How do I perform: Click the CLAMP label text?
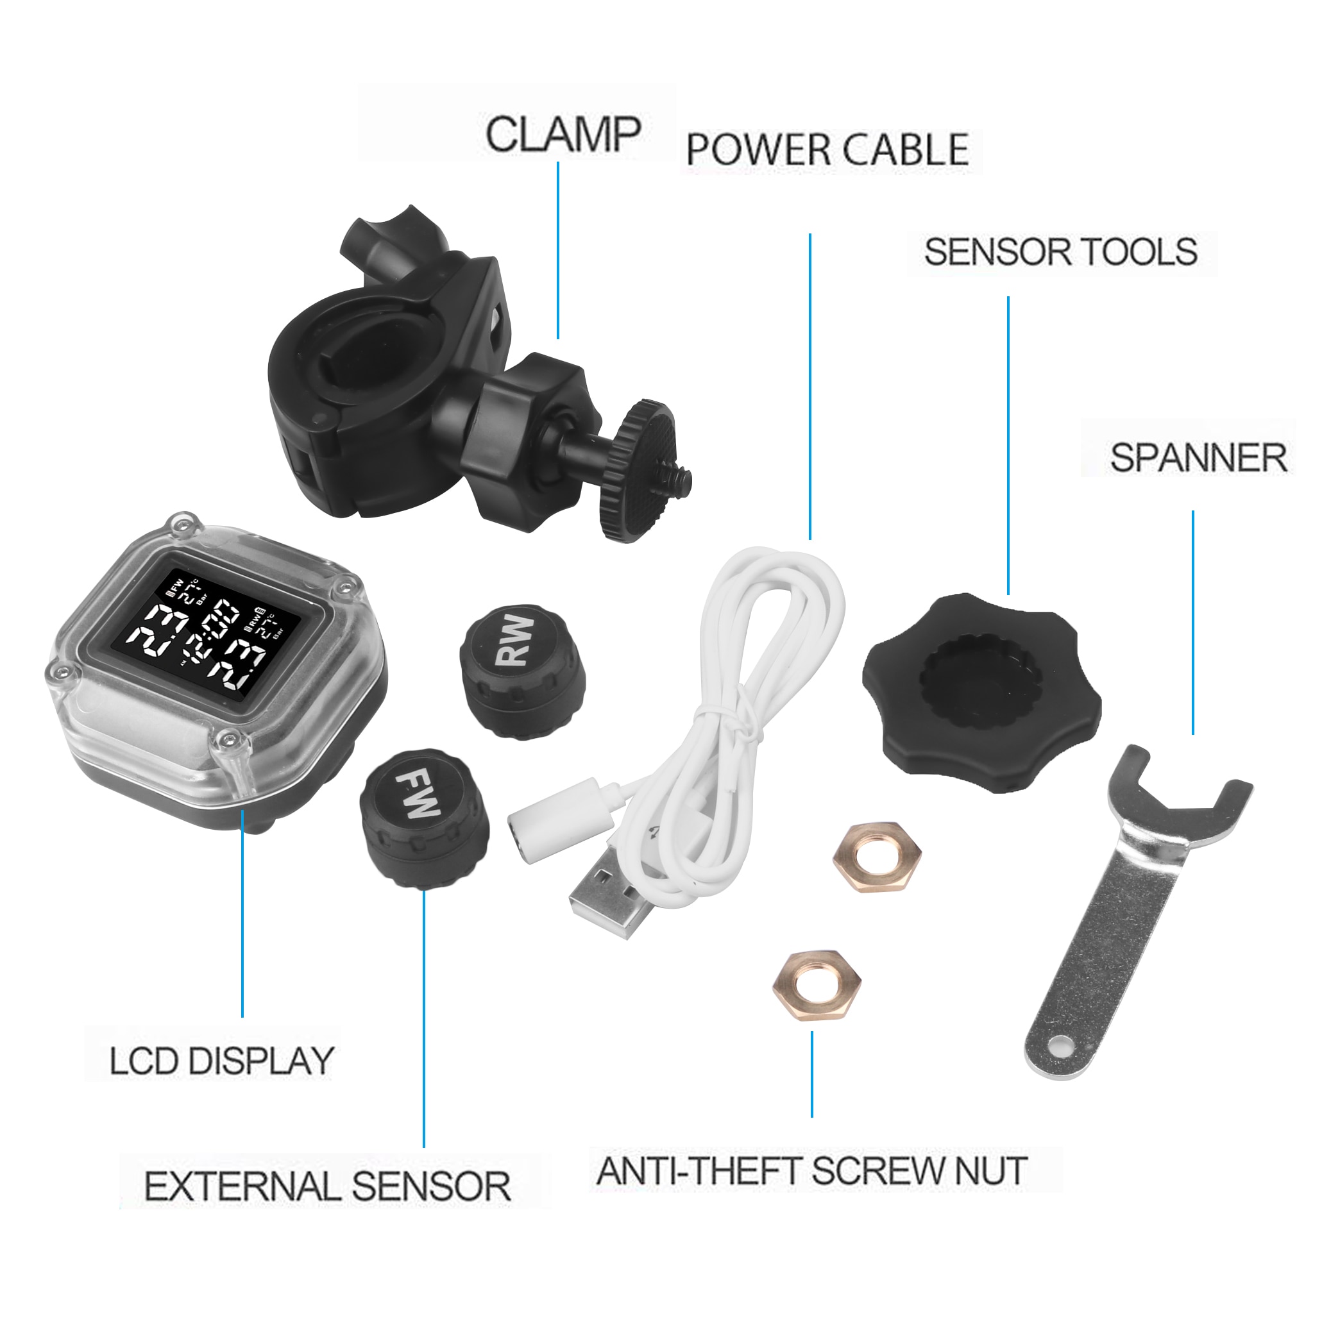coord(563,134)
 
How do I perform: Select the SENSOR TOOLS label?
coord(1060,252)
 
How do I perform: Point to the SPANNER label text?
coord(1198,458)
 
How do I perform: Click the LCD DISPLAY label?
coord(222,1061)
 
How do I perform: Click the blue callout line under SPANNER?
coord(1192,623)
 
